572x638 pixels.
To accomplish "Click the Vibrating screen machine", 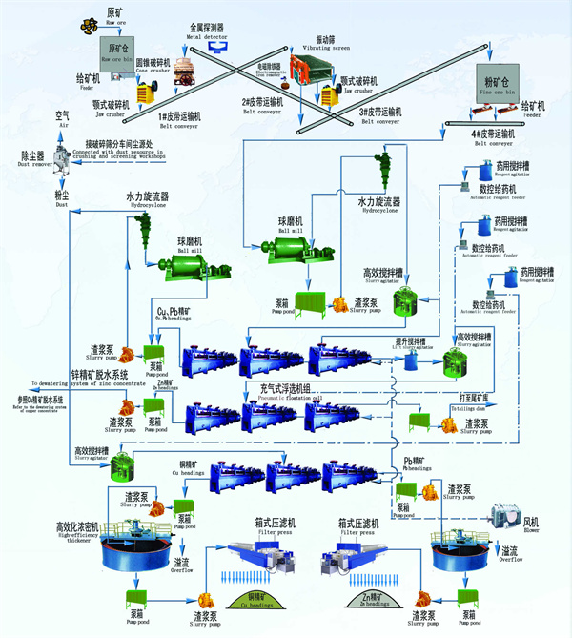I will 305,68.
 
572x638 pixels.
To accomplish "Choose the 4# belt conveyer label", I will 494,138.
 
